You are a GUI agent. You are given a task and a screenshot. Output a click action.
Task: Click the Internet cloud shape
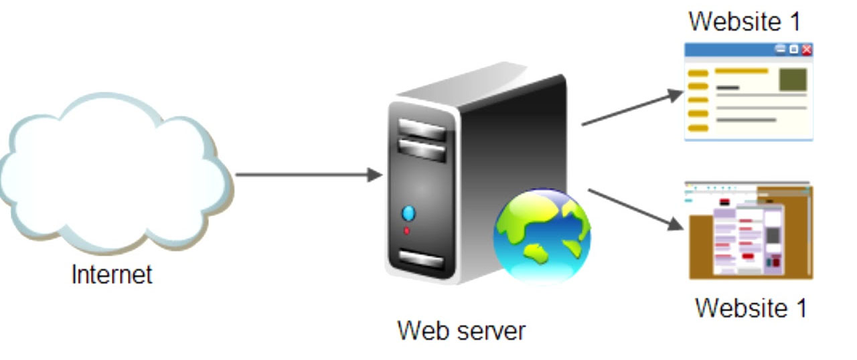tap(114, 174)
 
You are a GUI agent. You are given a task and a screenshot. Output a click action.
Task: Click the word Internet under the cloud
tap(112, 274)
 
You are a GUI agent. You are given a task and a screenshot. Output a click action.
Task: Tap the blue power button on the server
tap(408, 214)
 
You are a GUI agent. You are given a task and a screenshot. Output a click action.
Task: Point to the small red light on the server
tap(406, 232)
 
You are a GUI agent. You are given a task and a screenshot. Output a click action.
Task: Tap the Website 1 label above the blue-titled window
tap(745, 21)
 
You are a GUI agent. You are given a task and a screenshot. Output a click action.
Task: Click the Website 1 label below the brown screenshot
tap(751, 308)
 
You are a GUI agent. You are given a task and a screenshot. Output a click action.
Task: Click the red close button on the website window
tap(807, 50)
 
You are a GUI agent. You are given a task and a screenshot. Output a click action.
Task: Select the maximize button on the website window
tap(793, 50)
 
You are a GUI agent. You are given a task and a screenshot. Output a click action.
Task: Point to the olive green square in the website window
tap(793, 80)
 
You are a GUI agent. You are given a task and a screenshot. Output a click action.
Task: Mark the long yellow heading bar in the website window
tap(741, 70)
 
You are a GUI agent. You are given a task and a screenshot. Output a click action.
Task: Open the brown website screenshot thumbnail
tap(751, 231)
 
